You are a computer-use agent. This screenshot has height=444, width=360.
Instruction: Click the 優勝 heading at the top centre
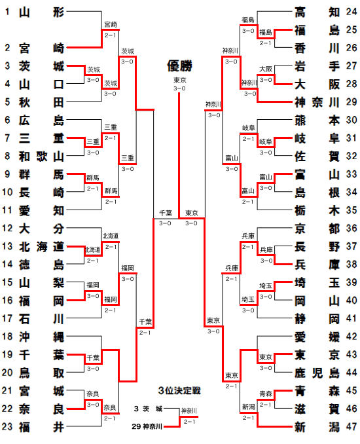[x=179, y=66]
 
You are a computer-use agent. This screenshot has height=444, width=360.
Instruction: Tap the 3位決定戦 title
[x=179, y=391]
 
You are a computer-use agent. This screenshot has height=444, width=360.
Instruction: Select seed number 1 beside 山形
[x=7, y=12]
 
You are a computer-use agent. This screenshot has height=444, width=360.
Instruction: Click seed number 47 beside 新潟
[x=351, y=427]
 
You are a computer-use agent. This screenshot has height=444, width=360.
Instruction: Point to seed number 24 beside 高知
[x=351, y=12]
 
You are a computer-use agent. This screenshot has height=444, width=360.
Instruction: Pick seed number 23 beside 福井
[x=7, y=427]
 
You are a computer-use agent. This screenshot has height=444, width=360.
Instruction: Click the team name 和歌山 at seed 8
[x=41, y=157]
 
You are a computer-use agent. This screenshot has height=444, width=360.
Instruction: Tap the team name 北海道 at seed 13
[x=41, y=247]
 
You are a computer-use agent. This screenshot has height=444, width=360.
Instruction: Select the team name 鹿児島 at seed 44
[x=317, y=373]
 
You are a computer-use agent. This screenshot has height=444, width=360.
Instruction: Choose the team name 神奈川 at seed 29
[x=317, y=102]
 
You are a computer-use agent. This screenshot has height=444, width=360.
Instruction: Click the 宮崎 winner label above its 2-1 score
[x=111, y=24]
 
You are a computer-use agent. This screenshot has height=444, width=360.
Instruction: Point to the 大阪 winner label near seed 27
[x=266, y=69]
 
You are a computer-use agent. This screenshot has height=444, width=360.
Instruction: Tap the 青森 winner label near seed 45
[x=266, y=394]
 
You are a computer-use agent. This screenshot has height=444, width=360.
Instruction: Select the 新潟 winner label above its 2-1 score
[x=249, y=407]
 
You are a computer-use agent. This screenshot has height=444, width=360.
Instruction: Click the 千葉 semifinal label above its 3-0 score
[x=166, y=213]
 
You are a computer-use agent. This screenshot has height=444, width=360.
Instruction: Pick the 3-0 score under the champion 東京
[x=179, y=88]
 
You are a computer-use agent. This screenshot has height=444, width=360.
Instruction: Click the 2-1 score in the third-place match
[x=189, y=422]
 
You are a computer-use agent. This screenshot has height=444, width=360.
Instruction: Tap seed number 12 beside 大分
[x=7, y=229]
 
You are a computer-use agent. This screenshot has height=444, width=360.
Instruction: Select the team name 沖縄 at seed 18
[x=41, y=337]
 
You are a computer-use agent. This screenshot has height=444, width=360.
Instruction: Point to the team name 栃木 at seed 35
[x=317, y=210]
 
